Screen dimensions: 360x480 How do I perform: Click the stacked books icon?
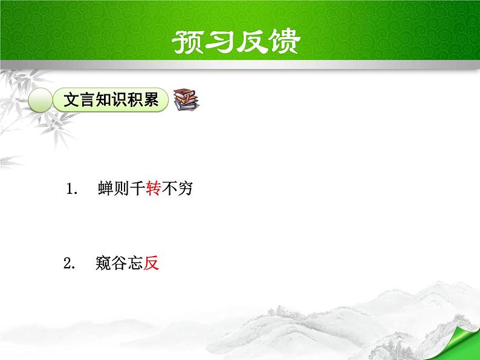click(x=186, y=100)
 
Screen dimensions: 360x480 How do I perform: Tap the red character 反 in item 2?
click(x=151, y=263)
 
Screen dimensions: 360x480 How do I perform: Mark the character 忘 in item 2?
click(x=135, y=263)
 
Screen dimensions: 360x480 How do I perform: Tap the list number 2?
click(x=68, y=264)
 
